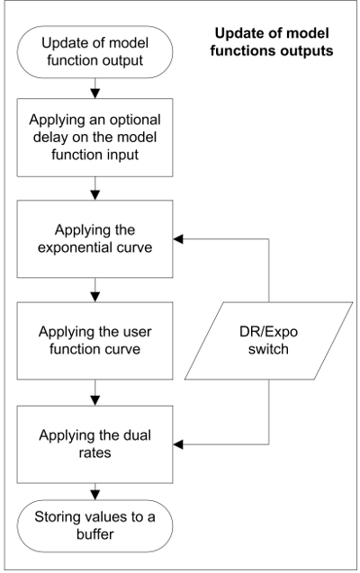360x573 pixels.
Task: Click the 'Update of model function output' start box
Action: (95, 52)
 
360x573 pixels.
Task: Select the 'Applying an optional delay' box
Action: (95, 138)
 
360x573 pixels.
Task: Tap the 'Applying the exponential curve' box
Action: (95, 239)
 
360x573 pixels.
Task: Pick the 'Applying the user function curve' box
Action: (95, 341)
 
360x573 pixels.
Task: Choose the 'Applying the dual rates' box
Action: (95, 444)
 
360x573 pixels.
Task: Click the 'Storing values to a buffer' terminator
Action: (95, 526)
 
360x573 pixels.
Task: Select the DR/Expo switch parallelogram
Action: (268, 341)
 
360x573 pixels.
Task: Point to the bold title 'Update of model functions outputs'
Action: (272, 41)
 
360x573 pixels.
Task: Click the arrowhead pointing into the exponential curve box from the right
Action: (178, 239)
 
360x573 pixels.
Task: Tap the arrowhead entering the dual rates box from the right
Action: (178, 444)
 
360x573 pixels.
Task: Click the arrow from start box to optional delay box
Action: (95, 88)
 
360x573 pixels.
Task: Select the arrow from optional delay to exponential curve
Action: (95, 188)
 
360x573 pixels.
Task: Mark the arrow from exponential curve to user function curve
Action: (95, 290)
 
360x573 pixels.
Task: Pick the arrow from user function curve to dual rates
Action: (95, 392)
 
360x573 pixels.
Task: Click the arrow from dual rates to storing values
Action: (95, 491)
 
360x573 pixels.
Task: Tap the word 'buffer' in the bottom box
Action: (95, 534)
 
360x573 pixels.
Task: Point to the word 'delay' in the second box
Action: (50, 138)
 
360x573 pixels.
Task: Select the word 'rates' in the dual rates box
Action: (95, 453)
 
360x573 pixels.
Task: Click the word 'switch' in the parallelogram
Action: (268, 349)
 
